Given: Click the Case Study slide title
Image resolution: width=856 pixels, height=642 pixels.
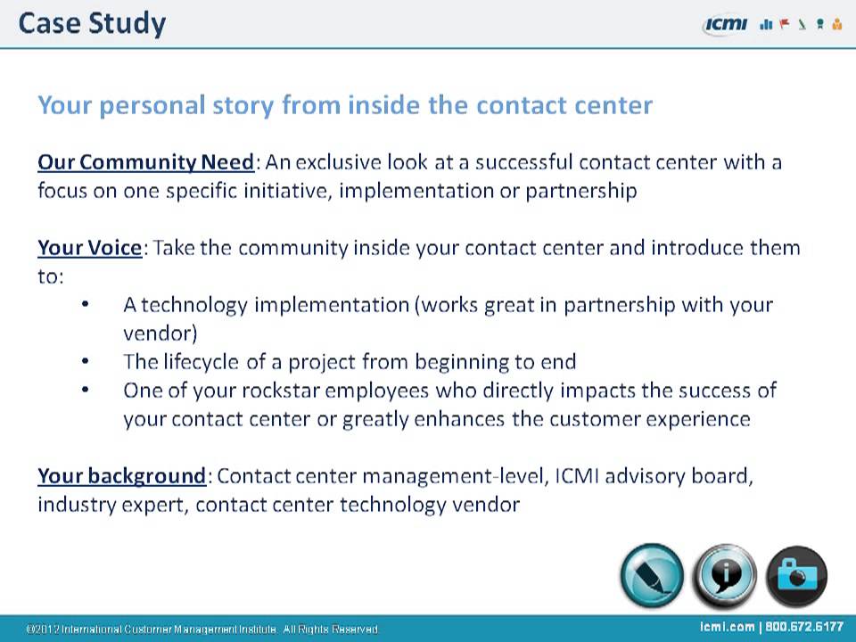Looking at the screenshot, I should point(92,23).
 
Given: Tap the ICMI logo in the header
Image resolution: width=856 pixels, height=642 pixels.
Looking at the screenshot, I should point(725,25).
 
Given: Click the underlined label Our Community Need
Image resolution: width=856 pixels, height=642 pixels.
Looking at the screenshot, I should point(146,162).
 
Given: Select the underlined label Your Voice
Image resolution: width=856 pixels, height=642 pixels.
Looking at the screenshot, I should point(89,247).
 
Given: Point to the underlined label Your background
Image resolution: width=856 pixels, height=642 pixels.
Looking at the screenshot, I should point(121,475).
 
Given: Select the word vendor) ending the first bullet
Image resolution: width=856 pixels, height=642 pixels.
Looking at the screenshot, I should point(160,333).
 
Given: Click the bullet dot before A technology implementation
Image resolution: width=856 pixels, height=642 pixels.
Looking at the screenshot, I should point(85,305).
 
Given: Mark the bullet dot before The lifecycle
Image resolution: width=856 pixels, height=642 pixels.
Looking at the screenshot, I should point(85,362).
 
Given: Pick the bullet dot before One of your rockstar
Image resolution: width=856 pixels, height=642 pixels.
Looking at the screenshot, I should point(85,391).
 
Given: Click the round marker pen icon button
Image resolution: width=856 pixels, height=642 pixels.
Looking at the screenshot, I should point(652,576).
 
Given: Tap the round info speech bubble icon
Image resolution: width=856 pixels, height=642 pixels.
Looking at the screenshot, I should point(724,576).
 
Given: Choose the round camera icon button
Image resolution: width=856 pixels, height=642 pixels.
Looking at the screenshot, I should point(796,576).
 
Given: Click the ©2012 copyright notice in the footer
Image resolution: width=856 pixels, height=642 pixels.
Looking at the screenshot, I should point(203,630).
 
